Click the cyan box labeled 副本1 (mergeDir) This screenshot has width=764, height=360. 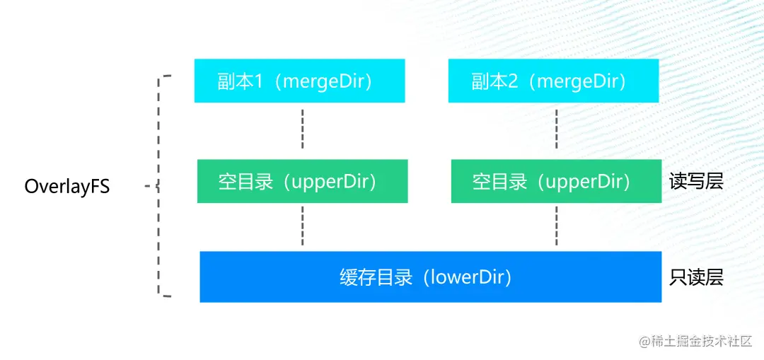(300, 81)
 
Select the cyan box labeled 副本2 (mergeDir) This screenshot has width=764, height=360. (553, 81)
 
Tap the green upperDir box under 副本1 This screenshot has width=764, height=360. (303, 181)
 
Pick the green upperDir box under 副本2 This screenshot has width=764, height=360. (557, 181)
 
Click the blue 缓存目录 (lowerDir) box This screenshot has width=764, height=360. (431, 277)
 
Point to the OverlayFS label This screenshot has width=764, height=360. (67, 187)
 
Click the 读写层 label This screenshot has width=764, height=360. (696, 182)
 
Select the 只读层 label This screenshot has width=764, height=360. (696, 277)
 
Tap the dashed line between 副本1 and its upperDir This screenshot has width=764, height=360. (303, 129)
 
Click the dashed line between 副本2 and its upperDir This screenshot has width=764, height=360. (557, 129)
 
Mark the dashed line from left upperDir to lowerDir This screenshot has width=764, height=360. (303, 226)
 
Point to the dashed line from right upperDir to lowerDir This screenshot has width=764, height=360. (557, 226)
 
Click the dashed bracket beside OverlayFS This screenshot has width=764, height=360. (158, 185)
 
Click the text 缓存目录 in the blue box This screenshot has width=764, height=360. (376, 278)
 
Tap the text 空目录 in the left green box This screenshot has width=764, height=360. (245, 182)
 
